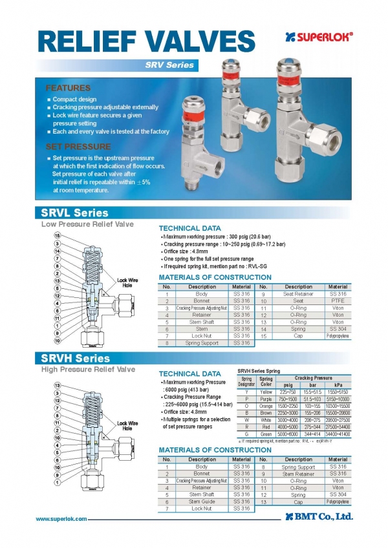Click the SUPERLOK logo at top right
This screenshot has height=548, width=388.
[319, 37]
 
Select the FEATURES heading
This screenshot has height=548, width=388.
[68, 87]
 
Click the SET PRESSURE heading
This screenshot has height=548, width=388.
[78, 147]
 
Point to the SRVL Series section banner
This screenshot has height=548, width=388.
[75, 213]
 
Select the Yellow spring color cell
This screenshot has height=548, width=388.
[266, 392]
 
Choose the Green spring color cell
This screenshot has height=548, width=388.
[266, 434]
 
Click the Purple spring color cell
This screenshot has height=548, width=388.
[266, 399]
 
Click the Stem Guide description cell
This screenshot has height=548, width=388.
[202, 501]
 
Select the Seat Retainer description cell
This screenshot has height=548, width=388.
[298, 294]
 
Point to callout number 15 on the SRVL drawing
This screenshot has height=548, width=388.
[57, 235]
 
